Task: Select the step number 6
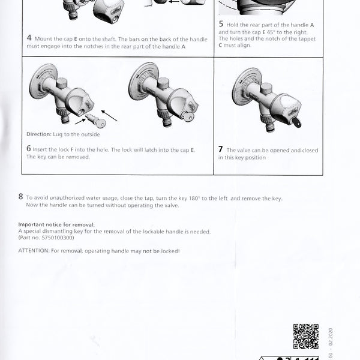(x=29, y=148)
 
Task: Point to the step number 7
(x=221, y=149)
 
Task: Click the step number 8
(x=21, y=197)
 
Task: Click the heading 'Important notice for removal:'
(x=56, y=224)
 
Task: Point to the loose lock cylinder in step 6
(x=96, y=122)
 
